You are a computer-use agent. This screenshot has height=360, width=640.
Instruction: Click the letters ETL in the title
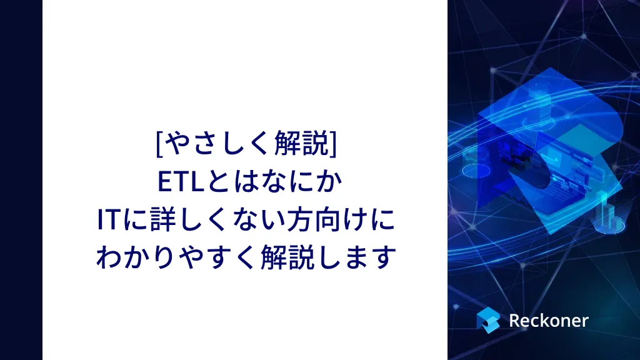[x=181, y=182]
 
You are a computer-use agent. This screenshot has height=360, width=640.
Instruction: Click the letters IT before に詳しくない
[x=107, y=219]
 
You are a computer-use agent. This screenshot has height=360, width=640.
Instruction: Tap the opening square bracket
[x=159, y=144]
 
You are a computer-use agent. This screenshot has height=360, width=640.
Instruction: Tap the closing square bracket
[x=333, y=144]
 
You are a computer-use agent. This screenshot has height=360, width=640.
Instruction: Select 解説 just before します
[x=287, y=257]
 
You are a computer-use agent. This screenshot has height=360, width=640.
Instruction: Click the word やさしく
[x=219, y=144]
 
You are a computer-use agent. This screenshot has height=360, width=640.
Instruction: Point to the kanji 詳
[x=163, y=219]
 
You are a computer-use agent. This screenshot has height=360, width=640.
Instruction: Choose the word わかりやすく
[x=177, y=257]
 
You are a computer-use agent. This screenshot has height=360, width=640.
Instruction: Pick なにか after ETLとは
[x=301, y=182]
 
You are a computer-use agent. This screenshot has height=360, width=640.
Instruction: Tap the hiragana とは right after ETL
[x=232, y=182]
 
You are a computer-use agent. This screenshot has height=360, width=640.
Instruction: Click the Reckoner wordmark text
[x=549, y=321]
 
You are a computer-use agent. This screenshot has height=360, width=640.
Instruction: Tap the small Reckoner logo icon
[x=488, y=320]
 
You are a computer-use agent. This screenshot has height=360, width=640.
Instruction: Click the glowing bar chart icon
[x=610, y=216]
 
